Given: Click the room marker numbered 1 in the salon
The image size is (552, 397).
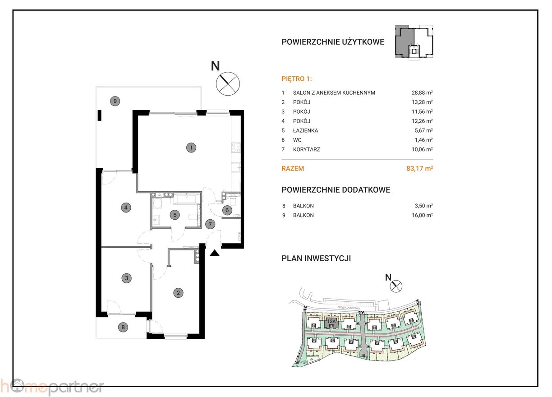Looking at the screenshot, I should pos(191,148).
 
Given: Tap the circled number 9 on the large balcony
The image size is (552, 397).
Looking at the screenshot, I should pos(115,101).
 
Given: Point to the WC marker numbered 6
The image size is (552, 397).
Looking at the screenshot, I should pos(228,209).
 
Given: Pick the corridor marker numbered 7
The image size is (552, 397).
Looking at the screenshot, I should pos(209,223).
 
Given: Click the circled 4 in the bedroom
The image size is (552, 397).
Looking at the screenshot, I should pos(126,208).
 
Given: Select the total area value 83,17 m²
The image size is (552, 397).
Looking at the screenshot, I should pos(419,169).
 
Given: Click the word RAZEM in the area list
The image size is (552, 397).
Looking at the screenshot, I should pos(293,169).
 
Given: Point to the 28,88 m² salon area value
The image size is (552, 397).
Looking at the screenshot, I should pos(419,93).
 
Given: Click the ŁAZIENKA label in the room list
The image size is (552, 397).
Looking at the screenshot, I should pos(305,130).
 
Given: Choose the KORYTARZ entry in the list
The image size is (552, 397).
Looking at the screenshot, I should pos(306,149).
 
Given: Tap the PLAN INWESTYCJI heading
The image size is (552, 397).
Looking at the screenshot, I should pos(316,259).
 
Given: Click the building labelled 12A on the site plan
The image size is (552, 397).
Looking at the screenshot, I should pos(331,322).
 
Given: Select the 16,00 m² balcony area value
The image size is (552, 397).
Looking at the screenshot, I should pos(419,215).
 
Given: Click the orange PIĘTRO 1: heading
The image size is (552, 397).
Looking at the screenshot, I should pos(296,78).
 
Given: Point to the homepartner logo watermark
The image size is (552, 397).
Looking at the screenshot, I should pos(52,387).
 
